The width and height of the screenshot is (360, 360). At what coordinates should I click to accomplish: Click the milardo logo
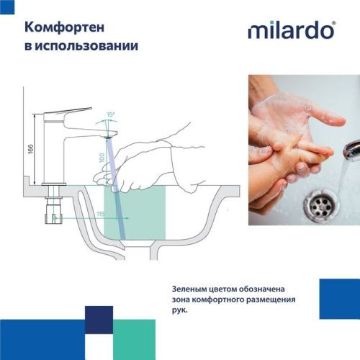[291, 30]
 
